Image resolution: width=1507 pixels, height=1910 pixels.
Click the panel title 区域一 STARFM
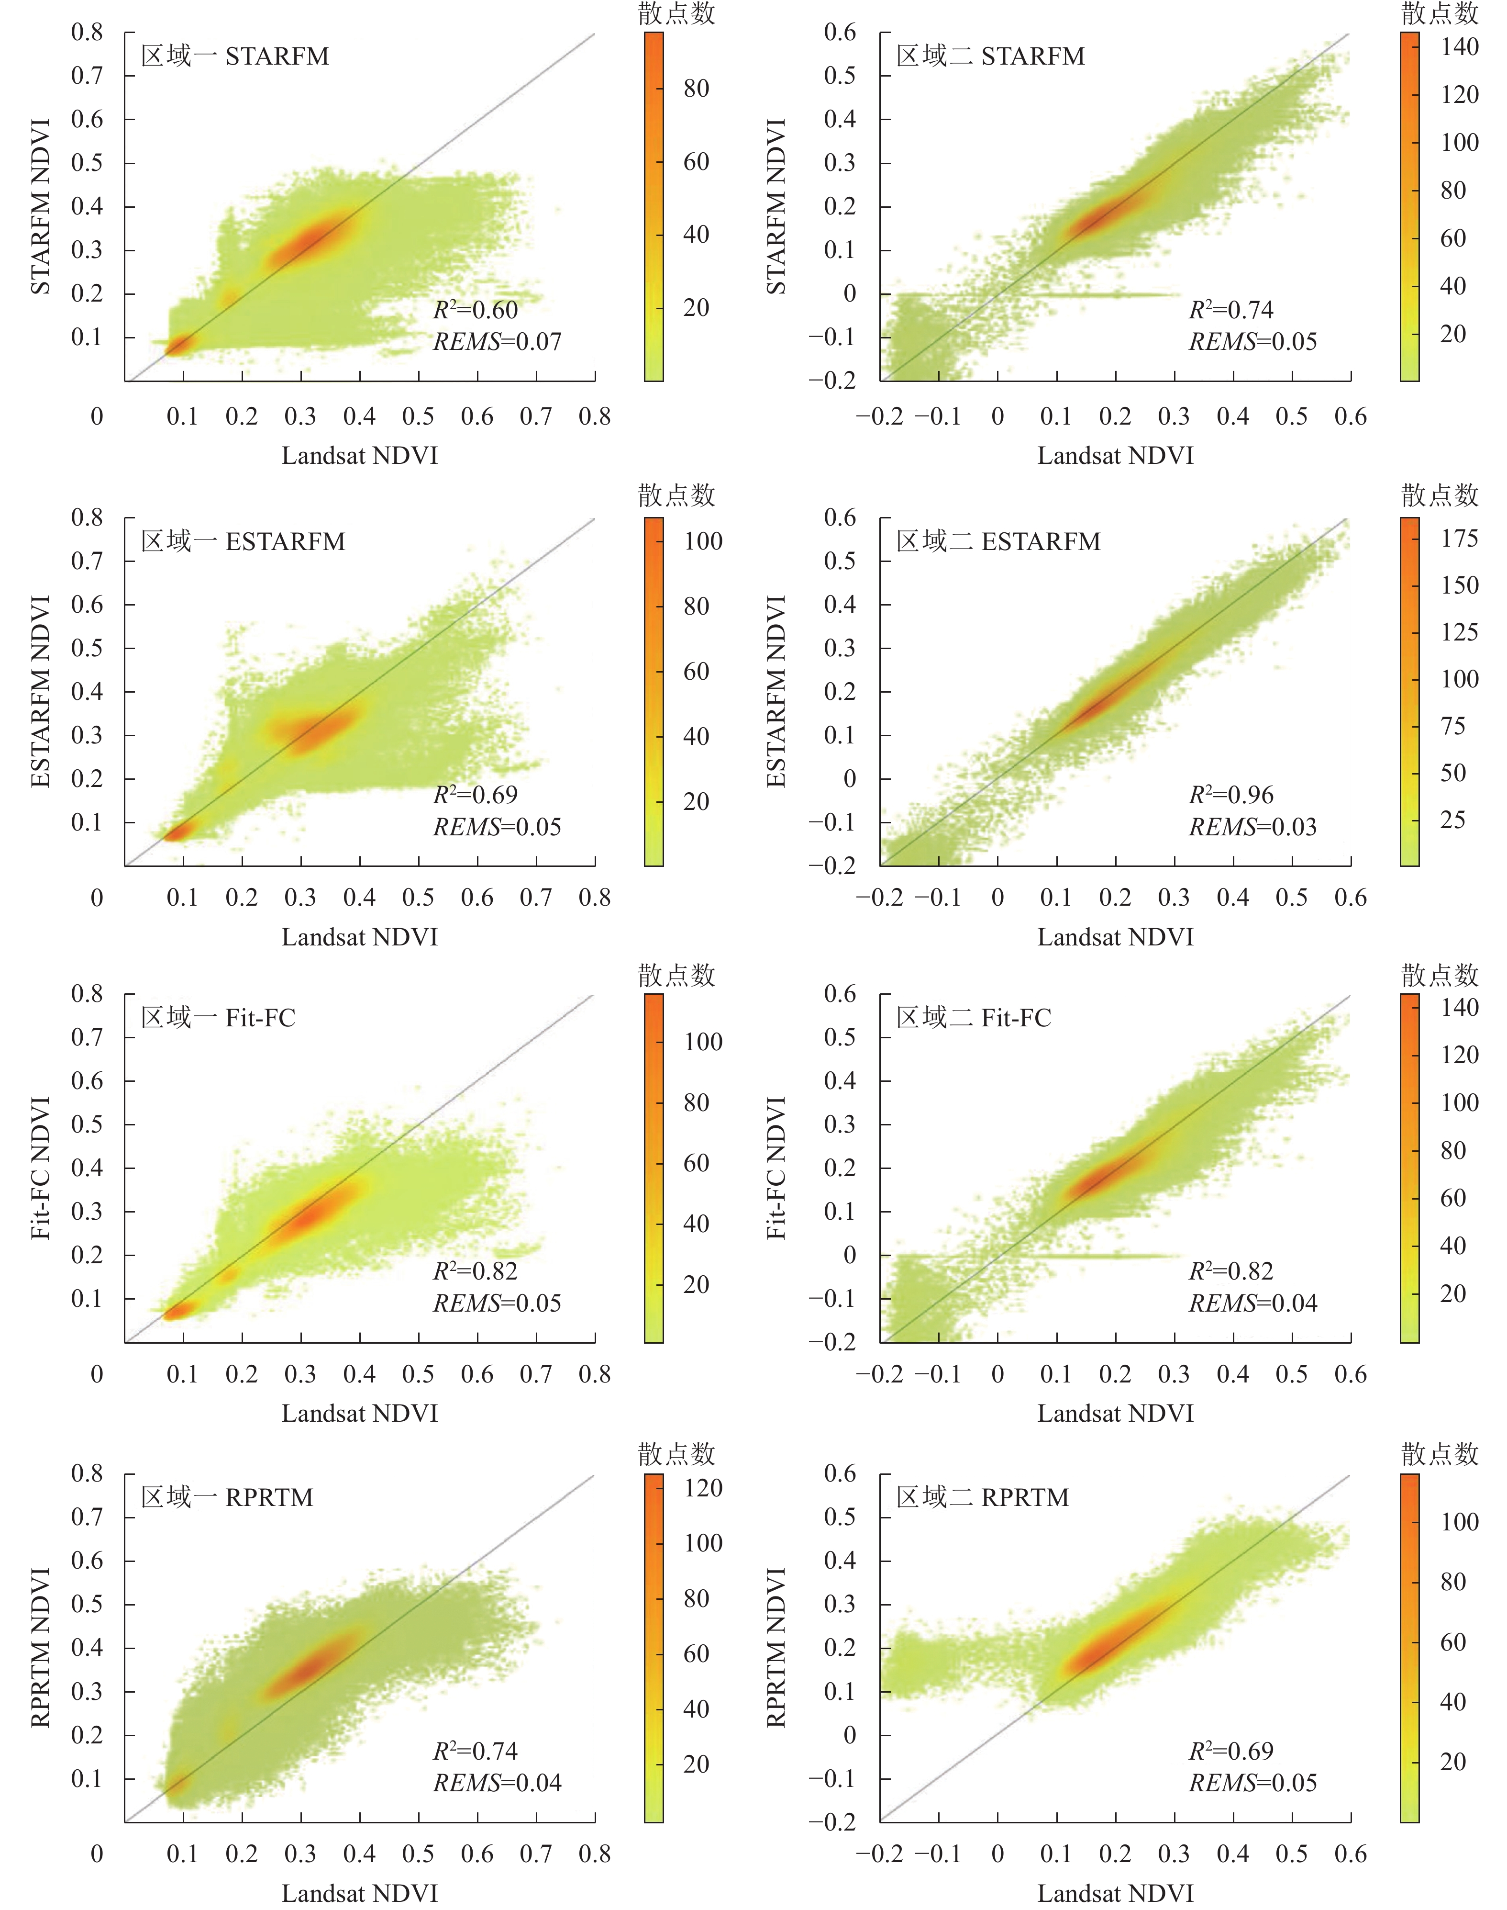pyautogui.click(x=235, y=56)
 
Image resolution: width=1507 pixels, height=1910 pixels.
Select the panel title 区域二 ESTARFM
pyautogui.click(x=999, y=541)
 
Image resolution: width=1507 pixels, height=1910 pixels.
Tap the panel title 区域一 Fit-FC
pyautogui.click(x=218, y=1018)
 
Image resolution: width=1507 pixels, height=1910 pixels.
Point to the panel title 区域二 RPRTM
pyautogui.click(x=983, y=1497)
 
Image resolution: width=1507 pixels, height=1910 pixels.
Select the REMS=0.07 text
pyautogui.click(x=497, y=342)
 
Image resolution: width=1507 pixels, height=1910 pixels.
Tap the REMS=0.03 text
pyautogui.click(x=1253, y=827)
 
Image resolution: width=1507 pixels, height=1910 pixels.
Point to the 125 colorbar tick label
pyautogui.click(x=1459, y=632)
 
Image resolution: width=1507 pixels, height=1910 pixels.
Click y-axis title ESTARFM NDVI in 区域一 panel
pyautogui.click(x=40, y=691)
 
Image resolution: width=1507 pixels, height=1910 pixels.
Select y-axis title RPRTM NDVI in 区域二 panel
pyautogui.click(x=776, y=1647)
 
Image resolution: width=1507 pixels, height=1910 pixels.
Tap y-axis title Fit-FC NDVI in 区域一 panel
pyautogui.click(x=40, y=1168)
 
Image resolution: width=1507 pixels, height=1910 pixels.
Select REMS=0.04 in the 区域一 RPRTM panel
pyautogui.click(x=497, y=1783)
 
